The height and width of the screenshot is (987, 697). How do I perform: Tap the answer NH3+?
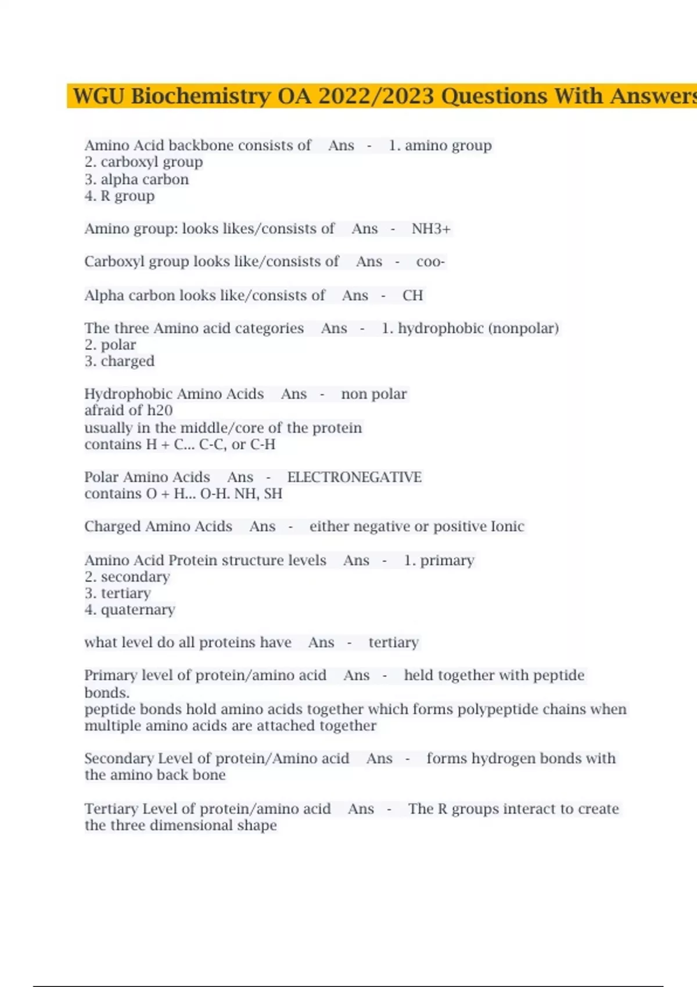point(431,229)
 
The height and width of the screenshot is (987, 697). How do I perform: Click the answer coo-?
point(430,262)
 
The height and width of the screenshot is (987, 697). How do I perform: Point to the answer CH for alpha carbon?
point(412,296)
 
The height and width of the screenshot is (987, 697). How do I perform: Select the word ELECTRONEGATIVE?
point(354,477)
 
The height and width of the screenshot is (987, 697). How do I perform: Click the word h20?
point(160,410)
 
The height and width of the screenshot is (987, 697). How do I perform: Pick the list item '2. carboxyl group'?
point(143,162)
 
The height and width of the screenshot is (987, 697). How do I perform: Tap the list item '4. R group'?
point(120,196)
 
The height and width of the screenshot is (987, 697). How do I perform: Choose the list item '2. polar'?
point(110,345)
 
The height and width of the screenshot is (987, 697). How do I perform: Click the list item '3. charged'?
point(120,361)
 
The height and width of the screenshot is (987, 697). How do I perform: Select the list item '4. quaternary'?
point(130,610)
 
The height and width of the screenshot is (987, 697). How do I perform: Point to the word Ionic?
point(508,527)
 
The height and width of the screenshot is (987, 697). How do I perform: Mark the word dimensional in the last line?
point(191,826)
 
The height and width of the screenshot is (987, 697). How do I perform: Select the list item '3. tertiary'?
point(117,593)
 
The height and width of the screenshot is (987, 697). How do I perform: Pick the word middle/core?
point(222,428)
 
